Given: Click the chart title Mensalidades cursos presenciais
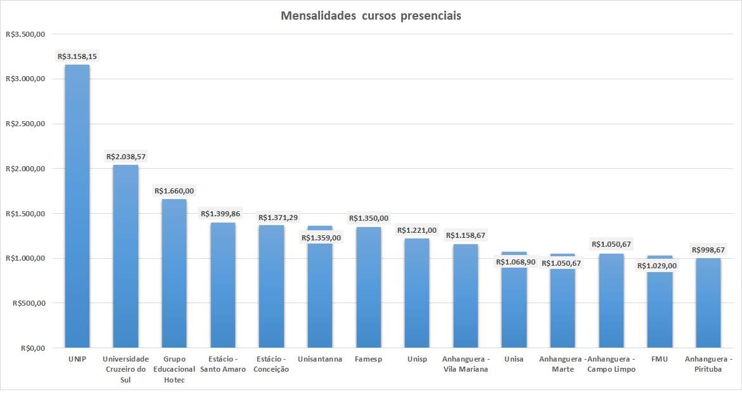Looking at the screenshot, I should tap(371, 16).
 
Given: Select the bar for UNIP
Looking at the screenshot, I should tap(77, 209).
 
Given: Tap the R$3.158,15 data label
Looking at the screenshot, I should tap(77, 56).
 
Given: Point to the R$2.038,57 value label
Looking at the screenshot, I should tap(126, 156).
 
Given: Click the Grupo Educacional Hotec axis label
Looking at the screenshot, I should tap(174, 369).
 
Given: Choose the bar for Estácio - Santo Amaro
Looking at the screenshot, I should tap(223, 285).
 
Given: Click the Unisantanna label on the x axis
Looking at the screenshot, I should tap(319, 359).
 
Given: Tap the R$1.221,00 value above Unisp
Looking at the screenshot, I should tap(417, 230).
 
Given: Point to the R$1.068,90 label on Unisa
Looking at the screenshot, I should tap(514, 262).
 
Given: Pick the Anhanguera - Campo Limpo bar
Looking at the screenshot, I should tap(611, 301).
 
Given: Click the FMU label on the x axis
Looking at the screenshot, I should tap(660, 359).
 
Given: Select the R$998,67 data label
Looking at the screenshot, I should tap(708, 249).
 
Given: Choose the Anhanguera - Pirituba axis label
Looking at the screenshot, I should tap(708, 364).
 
